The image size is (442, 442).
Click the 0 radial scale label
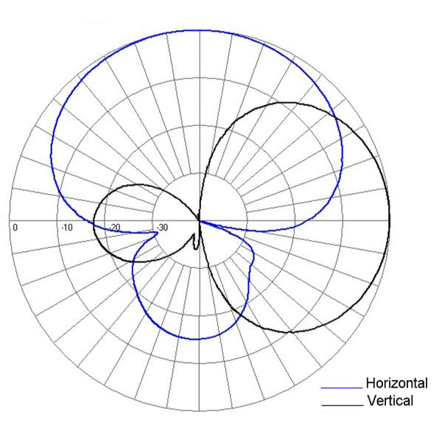click(15, 227)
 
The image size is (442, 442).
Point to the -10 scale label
click(68, 227)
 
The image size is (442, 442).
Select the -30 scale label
click(162, 227)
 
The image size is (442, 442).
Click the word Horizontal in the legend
click(396, 383)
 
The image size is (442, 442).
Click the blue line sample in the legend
click(342, 386)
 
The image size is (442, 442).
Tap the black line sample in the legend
click(342, 404)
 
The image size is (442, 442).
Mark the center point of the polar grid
click(200, 220)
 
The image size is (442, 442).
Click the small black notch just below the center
click(194, 243)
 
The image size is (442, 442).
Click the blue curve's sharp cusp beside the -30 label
click(157, 234)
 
